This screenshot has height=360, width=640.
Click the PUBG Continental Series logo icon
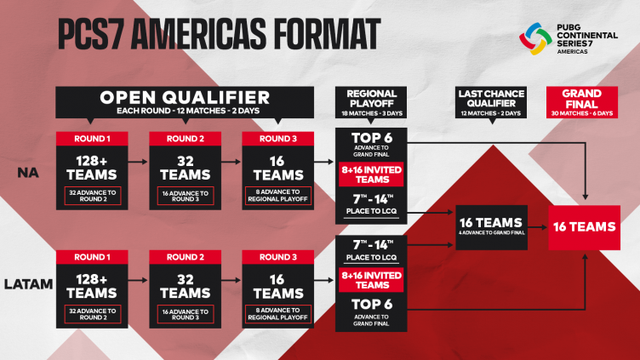tap(535, 39)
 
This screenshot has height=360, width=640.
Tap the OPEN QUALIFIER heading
tap(185, 98)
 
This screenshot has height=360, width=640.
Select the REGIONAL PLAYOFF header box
tap(371, 102)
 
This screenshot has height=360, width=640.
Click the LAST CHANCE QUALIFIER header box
tap(491, 102)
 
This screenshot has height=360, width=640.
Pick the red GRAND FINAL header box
tap(582, 102)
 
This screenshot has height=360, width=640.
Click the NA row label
tap(28, 173)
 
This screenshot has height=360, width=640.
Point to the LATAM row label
tap(29, 284)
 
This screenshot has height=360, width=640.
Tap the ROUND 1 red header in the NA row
tap(92, 139)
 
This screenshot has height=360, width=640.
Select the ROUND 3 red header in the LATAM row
tap(278, 257)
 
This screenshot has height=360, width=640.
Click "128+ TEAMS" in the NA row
tap(92, 168)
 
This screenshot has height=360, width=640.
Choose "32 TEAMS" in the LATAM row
tap(186, 286)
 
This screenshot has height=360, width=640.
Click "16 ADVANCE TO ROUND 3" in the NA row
tap(186, 196)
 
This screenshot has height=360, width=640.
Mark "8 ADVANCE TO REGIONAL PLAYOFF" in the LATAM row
tap(278, 314)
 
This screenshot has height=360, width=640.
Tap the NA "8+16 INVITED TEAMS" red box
tap(371, 174)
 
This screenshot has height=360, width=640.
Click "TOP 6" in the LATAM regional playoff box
tap(372, 305)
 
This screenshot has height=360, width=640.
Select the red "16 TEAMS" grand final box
tap(585, 227)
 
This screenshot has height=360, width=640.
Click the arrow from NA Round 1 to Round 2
tap(138, 162)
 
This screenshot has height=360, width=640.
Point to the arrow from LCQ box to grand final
tap(538, 227)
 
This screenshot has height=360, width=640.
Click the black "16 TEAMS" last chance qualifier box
tap(491, 227)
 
